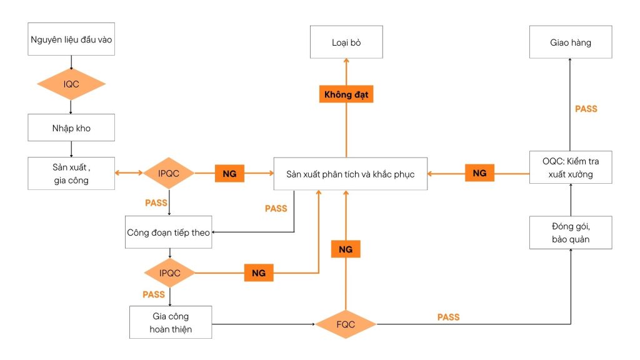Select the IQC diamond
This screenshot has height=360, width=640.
click(x=71, y=84)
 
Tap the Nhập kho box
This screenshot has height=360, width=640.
click(x=71, y=127)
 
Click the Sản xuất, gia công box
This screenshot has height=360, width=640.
click(x=71, y=174)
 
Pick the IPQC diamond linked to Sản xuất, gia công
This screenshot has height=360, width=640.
click(x=169, y=174)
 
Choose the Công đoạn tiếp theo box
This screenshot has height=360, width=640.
click(x=169, y=232)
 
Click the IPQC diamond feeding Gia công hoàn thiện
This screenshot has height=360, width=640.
click(x=169, y=272)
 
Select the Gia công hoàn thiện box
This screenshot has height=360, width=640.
click(x=171, y=322)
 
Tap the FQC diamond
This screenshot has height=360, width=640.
click(x=346, y=324)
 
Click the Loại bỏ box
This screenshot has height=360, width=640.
click(x=346, y=42)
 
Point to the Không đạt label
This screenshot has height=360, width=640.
click(x=346, y=95)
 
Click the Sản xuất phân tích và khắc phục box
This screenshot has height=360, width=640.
click(x=350, y=174)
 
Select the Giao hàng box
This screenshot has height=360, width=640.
click(x=571, y=42)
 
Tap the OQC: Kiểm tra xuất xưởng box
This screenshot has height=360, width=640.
click(x=571, y=167)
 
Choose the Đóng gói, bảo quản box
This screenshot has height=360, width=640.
click(x=571, y=233)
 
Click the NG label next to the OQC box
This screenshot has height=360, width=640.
click(x=479, y=174)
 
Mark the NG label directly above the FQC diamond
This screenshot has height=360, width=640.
click(x=346, y=249)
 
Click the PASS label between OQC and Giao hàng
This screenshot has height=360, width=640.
click(x=586, y=109)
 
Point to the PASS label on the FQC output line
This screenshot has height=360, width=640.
click(x=448, y=317)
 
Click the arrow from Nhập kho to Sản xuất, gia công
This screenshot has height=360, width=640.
click(x=71, y=149)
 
